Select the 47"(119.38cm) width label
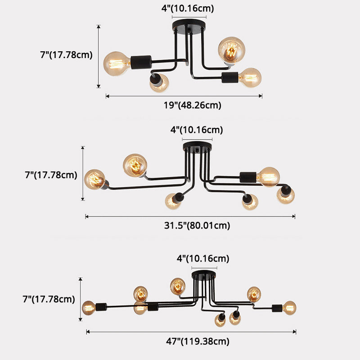pyautogui.click(x=198, y=341)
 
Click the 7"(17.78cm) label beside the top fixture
pyautogui.click(x=66, y=55)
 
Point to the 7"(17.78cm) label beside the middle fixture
pyautogui.click(x=51, y=175)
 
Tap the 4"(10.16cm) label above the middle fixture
pyautogui.click(x=197, y=130)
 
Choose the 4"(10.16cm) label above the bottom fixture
pyautogui.click(x=202, y=259)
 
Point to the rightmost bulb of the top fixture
pyautogui.click(x=250, y=78)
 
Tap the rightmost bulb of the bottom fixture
pyautogui.click(x=289, y=308)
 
